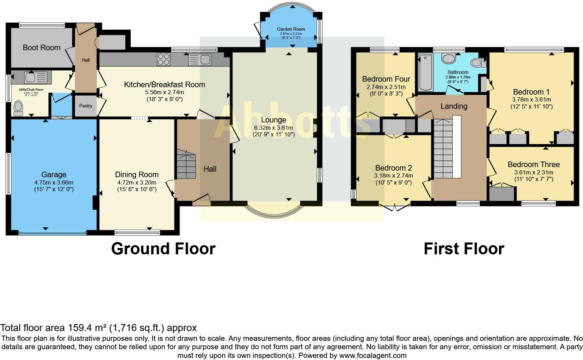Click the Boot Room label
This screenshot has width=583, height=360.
click(x=41, y=47)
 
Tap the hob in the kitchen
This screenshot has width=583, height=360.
click(x=164, y=59)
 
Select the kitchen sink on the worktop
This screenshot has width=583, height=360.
click(x=200, y=60)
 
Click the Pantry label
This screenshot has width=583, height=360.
click(x=85, y=106)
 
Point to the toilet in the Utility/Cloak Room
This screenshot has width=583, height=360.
click(x=18, y=108)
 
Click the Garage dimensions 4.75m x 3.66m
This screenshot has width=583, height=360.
click(x=54, y=182)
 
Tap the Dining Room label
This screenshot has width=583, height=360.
click(x=137, y=174)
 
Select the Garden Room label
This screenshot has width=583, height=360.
click(x=291, y=29)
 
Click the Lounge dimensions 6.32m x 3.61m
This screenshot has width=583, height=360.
click(x=273, y=128)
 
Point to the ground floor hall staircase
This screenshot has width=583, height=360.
click(x=185, y=164)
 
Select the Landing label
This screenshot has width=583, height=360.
click(x=454, y=106)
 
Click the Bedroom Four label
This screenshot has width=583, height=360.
click(x=386, y=79)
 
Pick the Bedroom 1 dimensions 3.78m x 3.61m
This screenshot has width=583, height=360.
click(x=531, y=99)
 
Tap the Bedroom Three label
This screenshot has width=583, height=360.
click(x=533, y=164)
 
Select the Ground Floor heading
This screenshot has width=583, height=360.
click(x=163, y=249)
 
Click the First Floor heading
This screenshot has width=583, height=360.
click(x=464, y=249)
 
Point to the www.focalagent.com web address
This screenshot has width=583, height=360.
click(x=373, y=356)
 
